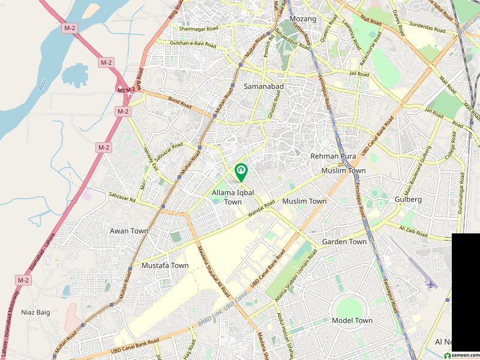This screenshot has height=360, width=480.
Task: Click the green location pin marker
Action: pos(241,173)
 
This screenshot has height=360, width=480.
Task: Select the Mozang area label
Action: pos(303,19)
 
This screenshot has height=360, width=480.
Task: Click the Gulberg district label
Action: pos(409,199)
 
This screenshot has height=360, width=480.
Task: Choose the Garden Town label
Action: pos(344,242)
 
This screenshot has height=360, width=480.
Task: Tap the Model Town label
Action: pos(352,320)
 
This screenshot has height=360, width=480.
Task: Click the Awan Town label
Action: pos(129,230)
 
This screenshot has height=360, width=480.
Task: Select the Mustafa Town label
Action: pos(165,265)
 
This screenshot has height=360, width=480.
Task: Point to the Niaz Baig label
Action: pos(35,312)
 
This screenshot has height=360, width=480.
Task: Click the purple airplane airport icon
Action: pos(431,284)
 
